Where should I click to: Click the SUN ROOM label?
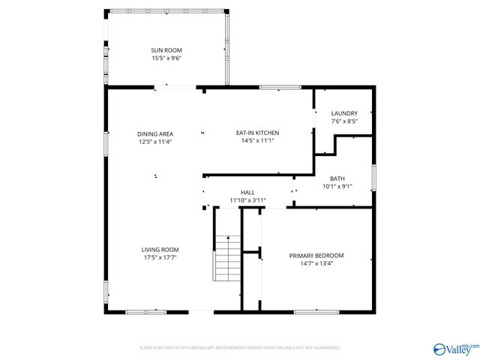click(166, 50)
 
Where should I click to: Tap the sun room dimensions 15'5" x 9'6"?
click(166, 58)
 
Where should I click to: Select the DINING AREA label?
click(155, 133)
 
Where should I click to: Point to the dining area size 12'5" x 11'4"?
click(155, 141)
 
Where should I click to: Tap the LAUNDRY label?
click(344, 113)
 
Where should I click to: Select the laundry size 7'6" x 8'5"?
click(344, 121)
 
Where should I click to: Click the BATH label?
click(337, 178)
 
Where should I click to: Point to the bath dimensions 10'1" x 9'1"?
click(337, 186)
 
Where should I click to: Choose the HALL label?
click(247, 193)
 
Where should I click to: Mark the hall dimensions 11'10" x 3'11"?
click(247, 200)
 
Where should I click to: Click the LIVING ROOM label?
click(160, 250)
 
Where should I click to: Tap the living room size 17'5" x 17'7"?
click(160, 257)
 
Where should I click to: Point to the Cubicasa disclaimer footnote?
click(240, 348)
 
